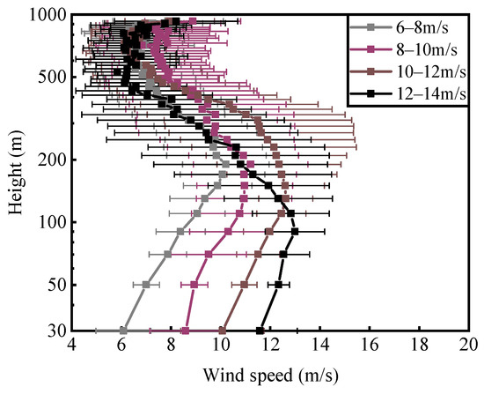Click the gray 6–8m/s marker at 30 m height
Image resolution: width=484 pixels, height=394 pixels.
click(122, 331)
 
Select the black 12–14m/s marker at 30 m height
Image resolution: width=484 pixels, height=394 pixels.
click(260, 331)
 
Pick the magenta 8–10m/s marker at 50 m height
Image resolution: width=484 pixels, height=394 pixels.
click(194, 285)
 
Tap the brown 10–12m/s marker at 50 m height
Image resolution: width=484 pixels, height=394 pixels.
click(245, 285)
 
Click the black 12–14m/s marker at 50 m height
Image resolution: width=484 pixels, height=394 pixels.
click(278, 285)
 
